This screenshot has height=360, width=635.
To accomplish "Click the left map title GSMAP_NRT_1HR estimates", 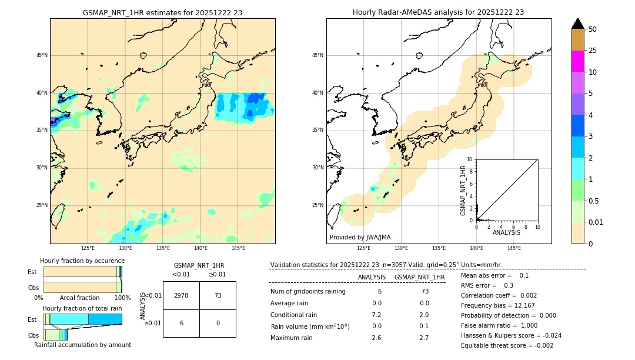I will point(162,12).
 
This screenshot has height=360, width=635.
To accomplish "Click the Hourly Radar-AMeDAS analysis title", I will point(438,12).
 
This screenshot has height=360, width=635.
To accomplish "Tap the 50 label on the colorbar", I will point(593,29).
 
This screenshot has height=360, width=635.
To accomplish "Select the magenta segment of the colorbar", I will point(578,61).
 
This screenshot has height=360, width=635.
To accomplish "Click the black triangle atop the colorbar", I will point(578,24).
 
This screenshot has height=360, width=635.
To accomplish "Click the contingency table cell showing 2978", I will point(181,295).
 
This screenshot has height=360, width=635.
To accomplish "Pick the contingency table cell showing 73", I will point(218,295).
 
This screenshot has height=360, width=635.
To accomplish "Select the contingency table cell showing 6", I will point(181,323).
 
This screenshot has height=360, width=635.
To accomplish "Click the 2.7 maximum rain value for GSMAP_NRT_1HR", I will point(424,338).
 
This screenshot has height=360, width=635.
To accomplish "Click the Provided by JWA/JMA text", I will point(360,237).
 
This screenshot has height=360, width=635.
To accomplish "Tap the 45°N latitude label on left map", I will point(42,55).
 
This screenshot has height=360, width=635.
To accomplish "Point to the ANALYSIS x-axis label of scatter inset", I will point(506,233).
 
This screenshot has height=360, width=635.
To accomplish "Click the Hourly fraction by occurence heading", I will point(82,261).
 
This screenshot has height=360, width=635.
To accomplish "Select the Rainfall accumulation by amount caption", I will point(82,345).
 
